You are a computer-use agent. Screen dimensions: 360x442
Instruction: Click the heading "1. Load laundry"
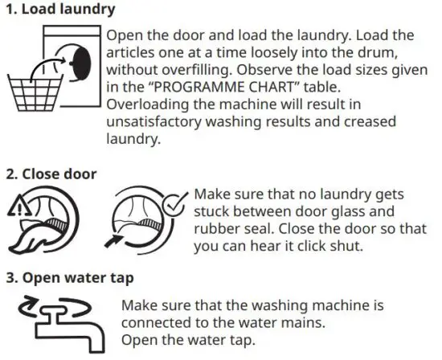(57, 10)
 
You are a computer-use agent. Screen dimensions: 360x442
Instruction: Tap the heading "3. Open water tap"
(67, 277)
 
